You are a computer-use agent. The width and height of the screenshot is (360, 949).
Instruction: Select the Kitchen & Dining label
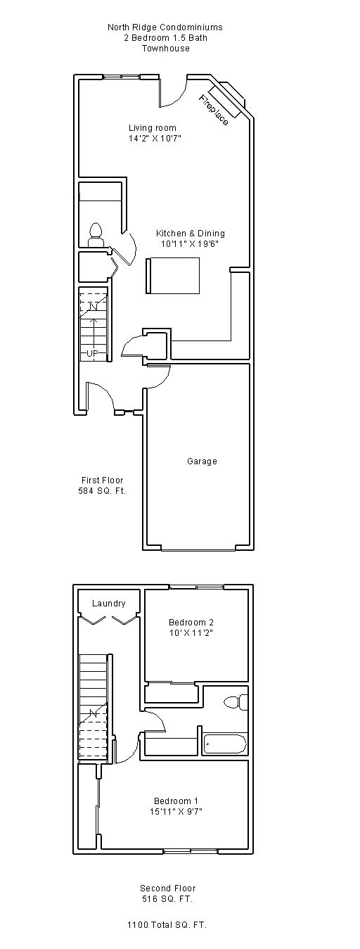click(x=190, y=233)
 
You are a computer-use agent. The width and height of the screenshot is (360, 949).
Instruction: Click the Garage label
click(x=202, y=461)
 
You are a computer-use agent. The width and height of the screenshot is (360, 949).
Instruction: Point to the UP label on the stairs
click(x=92, y=353)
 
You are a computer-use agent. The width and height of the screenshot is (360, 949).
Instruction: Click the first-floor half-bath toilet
click(x=96, y=235)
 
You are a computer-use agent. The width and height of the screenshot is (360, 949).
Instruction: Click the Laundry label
click(x=109, y=604)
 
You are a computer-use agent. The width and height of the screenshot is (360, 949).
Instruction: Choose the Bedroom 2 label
click(x=191, y=622)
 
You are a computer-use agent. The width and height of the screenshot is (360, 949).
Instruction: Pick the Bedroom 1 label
click(x=176, y=801)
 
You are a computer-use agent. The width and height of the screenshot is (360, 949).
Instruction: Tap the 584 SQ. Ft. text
click(x=102, y=490)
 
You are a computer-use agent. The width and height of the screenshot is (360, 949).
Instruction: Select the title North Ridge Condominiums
click(x=165, y=27)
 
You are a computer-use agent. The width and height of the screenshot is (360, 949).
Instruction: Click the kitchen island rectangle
click(x=173, y=275)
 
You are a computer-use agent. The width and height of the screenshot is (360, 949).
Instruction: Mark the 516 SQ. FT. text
click(x=167, y=898)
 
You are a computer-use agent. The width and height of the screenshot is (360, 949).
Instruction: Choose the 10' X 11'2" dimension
click(x=191, y=632)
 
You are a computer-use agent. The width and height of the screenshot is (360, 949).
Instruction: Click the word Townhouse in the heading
click(x=166, y=49)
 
